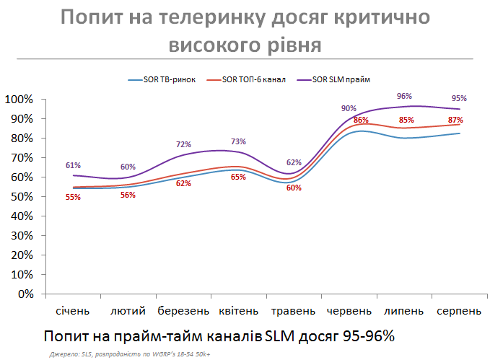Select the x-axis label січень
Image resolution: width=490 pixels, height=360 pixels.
73,311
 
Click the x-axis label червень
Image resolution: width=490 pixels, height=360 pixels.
349,311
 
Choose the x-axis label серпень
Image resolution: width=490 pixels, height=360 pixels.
458,311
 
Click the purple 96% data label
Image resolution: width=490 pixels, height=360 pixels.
404,96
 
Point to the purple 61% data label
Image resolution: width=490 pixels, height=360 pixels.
73,165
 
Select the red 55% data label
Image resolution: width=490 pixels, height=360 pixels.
73,197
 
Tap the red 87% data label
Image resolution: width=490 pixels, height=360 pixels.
455,120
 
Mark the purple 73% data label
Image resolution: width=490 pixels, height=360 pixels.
238,141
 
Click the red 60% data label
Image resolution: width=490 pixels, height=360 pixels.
294,188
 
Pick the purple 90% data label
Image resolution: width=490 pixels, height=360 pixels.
349,108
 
